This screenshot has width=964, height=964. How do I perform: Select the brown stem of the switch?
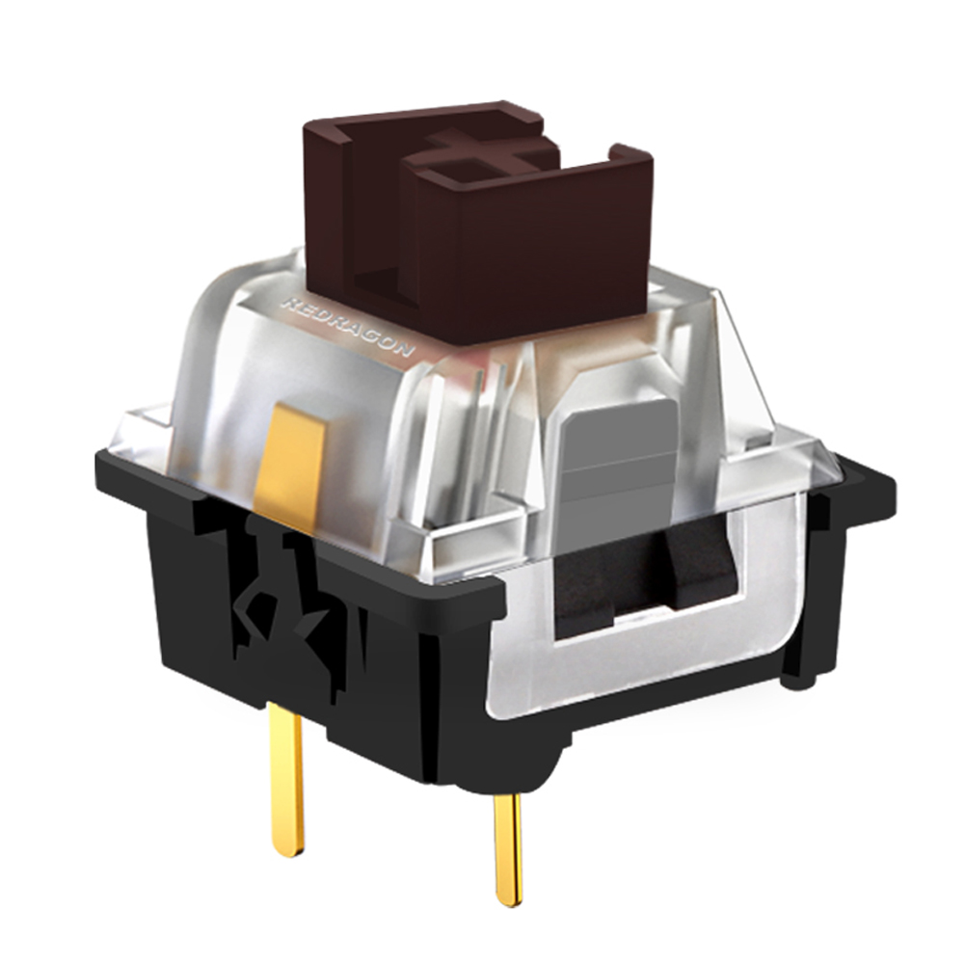click(482, 222)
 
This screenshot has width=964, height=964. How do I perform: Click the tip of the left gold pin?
click(288, 848)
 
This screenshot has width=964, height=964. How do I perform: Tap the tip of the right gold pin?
click(510, 897)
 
